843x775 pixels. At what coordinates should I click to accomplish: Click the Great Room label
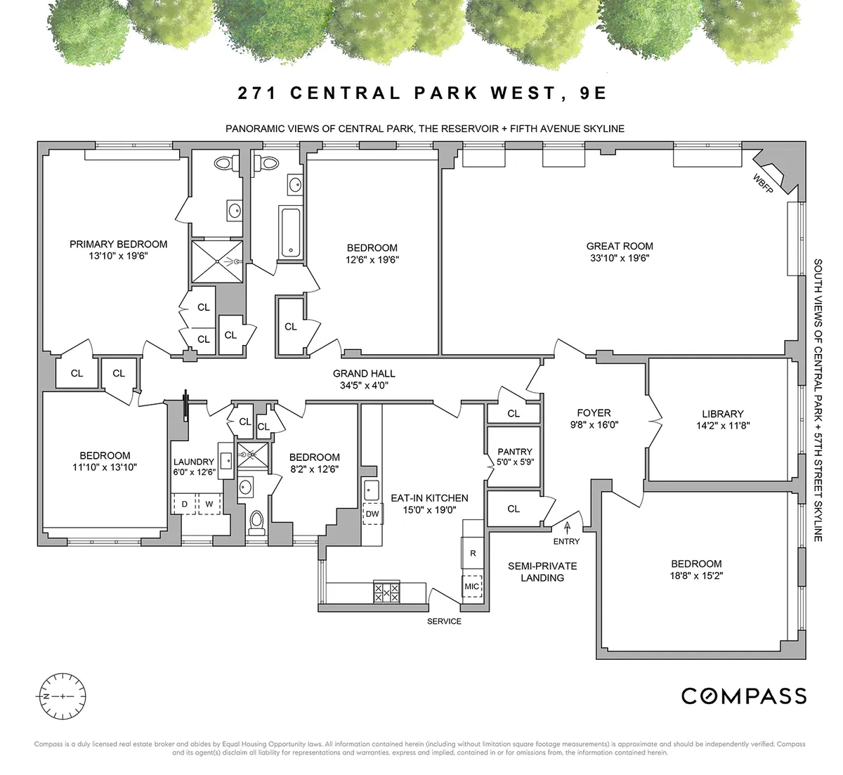pos(620,247)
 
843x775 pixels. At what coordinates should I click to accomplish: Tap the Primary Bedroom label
pos(118,245)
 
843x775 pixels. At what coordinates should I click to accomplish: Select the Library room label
pos(722,415)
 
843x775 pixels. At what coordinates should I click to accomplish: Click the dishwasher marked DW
pos(372,514)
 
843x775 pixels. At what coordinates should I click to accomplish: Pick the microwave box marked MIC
pos(472,587)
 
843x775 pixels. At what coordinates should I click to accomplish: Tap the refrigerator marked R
pos(473,553)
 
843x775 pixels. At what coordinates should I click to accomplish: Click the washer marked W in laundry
pos(209,504)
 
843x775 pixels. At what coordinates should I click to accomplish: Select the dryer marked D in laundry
pos(185,504)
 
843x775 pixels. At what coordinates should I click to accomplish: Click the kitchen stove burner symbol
pos(385,592)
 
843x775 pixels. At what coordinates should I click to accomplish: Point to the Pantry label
pos(515,452)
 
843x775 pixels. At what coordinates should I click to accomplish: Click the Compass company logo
pos(744,696)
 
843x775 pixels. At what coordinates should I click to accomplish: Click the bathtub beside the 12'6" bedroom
pos(291,233)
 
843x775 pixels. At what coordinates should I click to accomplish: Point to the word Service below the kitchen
pos(445,622)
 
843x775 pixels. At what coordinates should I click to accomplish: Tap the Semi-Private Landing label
pos(542,572)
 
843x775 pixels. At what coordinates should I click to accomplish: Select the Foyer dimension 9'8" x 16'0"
pos(594,424)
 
